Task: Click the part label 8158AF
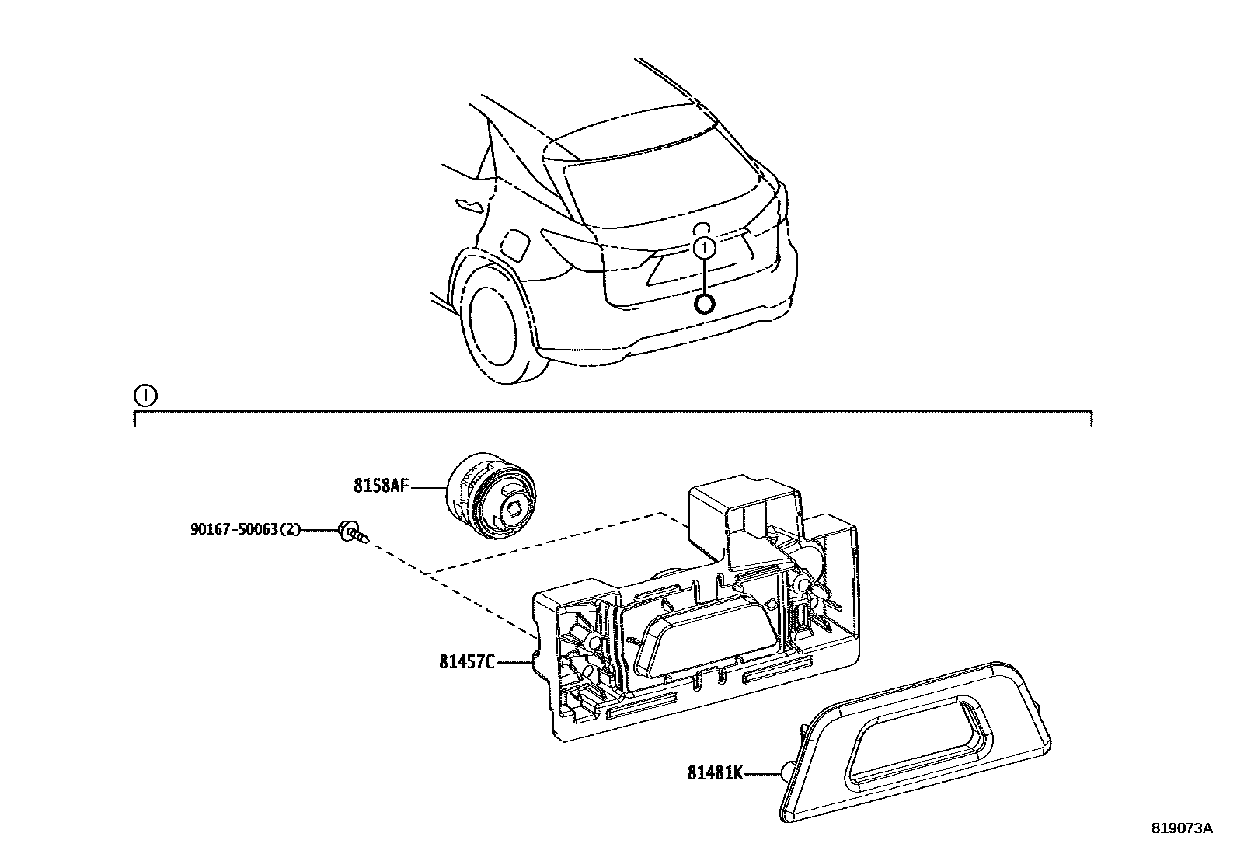point(381,486)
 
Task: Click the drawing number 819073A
point(1181,828)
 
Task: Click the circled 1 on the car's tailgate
point(704,249)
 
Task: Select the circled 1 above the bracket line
point(145,396)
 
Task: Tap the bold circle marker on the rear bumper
point(704,303)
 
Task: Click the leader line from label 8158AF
point(427,487)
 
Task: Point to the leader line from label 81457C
point(513,663)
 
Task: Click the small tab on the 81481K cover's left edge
point(787,772)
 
